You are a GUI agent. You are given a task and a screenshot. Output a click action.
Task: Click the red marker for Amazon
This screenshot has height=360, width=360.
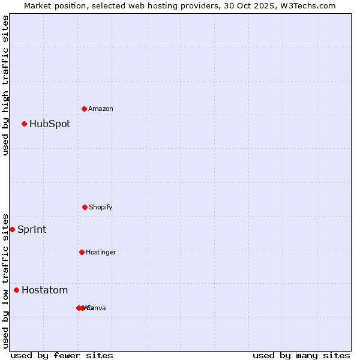tap(84, 109)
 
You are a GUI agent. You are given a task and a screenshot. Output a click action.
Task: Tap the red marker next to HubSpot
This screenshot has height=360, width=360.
tap(24, 124)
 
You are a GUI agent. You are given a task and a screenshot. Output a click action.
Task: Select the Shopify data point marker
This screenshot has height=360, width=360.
tap(85, 207)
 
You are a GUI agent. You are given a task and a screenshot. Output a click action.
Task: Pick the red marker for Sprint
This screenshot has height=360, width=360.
tap(12, 229)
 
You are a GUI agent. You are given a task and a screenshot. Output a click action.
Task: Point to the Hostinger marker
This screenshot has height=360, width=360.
tap(82, 252)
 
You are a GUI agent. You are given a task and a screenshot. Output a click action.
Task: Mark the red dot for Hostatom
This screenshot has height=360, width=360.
tap(16, 290)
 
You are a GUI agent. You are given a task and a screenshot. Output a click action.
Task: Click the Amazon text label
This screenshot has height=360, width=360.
tap(101, 109)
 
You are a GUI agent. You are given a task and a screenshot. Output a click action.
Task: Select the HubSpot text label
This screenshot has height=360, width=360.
tap(50, 124)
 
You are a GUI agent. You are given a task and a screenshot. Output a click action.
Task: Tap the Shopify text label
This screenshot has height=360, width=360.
tap(101, 207)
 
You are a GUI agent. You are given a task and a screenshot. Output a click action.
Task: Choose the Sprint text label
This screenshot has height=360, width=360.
tap(32, 230)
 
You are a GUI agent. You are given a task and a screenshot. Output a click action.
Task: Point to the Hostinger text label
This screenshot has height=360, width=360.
tap(101, 252)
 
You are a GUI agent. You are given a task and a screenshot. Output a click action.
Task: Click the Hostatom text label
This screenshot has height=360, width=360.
tap(45, 290)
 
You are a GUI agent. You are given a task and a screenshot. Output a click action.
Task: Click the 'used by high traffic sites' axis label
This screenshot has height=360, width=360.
tap(5, 86)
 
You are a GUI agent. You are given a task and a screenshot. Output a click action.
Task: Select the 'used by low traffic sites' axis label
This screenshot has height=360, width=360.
tap(5, 280)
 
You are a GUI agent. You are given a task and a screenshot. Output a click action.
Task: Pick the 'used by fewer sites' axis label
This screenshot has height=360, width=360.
tap(62, 355)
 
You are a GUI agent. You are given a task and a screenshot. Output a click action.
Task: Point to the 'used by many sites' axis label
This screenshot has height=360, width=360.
tap(301, 355)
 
